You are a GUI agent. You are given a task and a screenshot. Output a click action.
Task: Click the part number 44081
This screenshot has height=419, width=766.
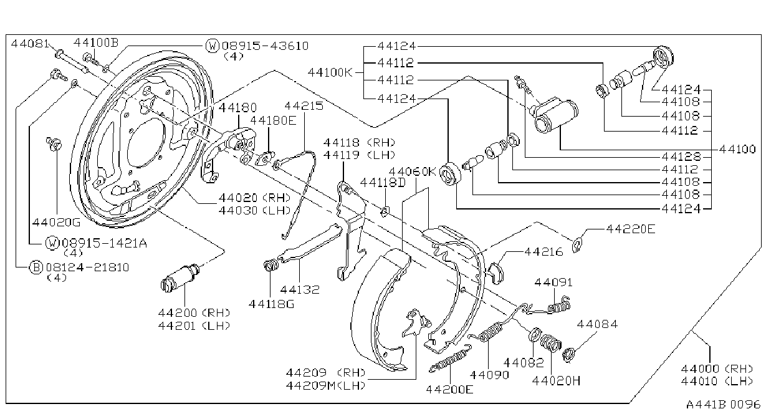30,44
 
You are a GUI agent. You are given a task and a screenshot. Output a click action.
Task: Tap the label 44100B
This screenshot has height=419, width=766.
96,42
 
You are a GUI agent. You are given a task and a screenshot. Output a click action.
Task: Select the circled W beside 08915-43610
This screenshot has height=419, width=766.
213,46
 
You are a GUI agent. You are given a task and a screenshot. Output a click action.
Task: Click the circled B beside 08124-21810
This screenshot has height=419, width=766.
36,267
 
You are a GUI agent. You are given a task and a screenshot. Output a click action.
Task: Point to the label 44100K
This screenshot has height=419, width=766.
330,72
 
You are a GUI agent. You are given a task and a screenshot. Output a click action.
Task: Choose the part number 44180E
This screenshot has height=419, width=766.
273,120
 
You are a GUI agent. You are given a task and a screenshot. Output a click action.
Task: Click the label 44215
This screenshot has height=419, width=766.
304,106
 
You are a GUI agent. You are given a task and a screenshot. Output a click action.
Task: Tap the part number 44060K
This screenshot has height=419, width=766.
413,171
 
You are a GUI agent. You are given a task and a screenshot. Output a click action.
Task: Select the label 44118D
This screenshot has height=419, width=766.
383,183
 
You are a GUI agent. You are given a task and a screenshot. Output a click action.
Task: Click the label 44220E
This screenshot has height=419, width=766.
631,229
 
